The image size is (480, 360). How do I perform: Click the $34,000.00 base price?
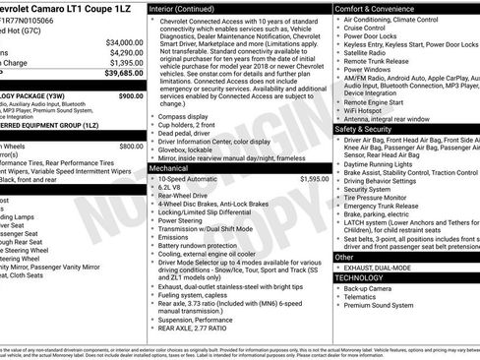pyautogui.click(x=123, y=43)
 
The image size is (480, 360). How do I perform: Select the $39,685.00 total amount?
pyautogui.click(x=123, y=73)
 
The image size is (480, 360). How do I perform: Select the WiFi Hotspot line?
pyautogui.click(x=369, y=110)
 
